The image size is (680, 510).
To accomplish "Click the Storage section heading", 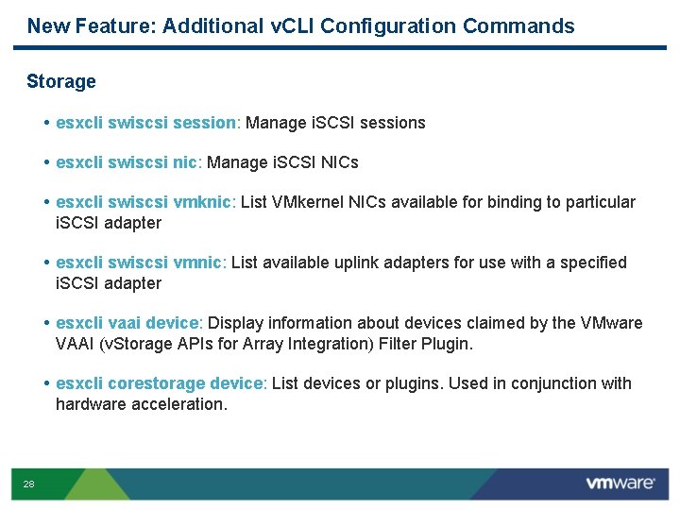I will (61, 81).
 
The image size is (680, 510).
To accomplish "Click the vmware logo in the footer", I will (620, 484).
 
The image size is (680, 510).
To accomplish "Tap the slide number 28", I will (28, 484).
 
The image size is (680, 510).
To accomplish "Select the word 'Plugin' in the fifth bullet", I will (444, 344).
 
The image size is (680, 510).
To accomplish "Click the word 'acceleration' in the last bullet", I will (181, 404).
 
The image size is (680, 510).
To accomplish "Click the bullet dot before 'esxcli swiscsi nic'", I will (47, 162).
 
